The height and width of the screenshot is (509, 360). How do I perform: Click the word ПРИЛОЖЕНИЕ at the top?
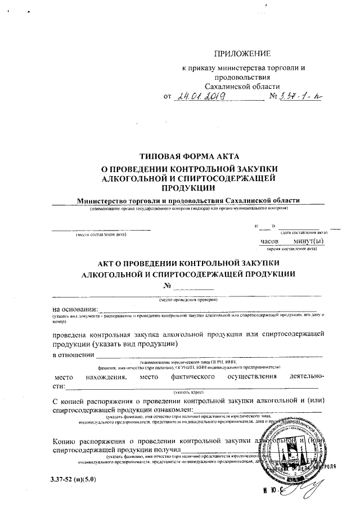pos(242,53)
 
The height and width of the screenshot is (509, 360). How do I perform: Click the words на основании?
pos(75,309)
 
